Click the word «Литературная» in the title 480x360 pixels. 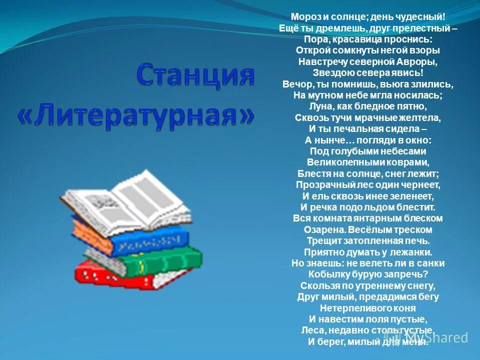tap(136, 116)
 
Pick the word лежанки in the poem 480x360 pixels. tap(412, 252)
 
